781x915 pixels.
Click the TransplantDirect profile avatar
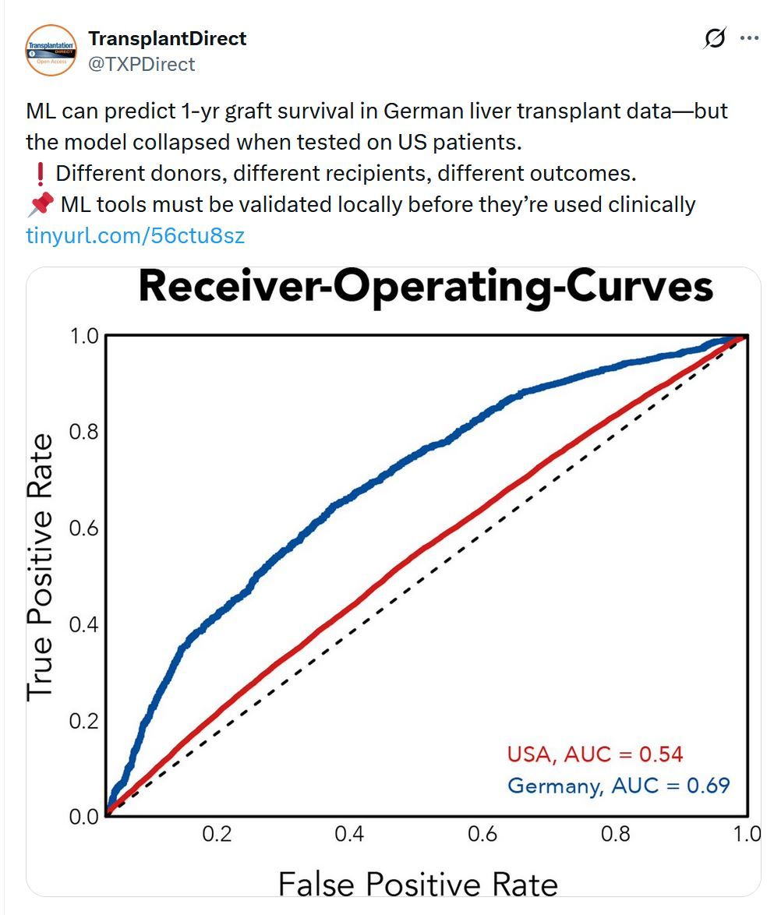pyautogui.click(x=51, y=50)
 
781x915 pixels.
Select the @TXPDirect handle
pyautogui.click(x=142, y=64)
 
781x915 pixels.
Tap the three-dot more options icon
pyautogui.click(x=749, y=38)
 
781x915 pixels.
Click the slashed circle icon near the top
pyautogui.click(x=714, y=38)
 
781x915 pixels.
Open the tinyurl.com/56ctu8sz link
pyautogui.click(x=136, y=235)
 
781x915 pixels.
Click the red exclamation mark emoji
pyautogui.click(x=39, y=174)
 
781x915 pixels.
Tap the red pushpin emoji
pyautogui.click(x=40, y=205)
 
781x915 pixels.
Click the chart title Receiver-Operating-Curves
pyautogui.click(x=426, y=288)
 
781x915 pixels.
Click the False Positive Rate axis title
pyautogui.click(x=418, y=885)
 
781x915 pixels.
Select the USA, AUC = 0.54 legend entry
pyautogui.click(x=595, y=754)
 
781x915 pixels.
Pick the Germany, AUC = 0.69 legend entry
pyautogui.click(x=619, y=785)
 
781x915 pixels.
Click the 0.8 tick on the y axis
pyautogui.click(x=84, y=432)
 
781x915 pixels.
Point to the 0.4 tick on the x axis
pyautogui.click(x=349, y=835)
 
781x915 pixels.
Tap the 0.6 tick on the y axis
pyautogui.click(x=84, y=528)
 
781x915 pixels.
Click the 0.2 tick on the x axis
pyautogui.click(x=217, y=835)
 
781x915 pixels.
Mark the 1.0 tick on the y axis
pyautogui.click(x=84, y=336)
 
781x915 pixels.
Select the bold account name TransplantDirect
pyautogui.click(x=168, y=38)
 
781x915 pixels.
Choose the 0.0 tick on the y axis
pyautogui.click(x=84, y=816)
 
